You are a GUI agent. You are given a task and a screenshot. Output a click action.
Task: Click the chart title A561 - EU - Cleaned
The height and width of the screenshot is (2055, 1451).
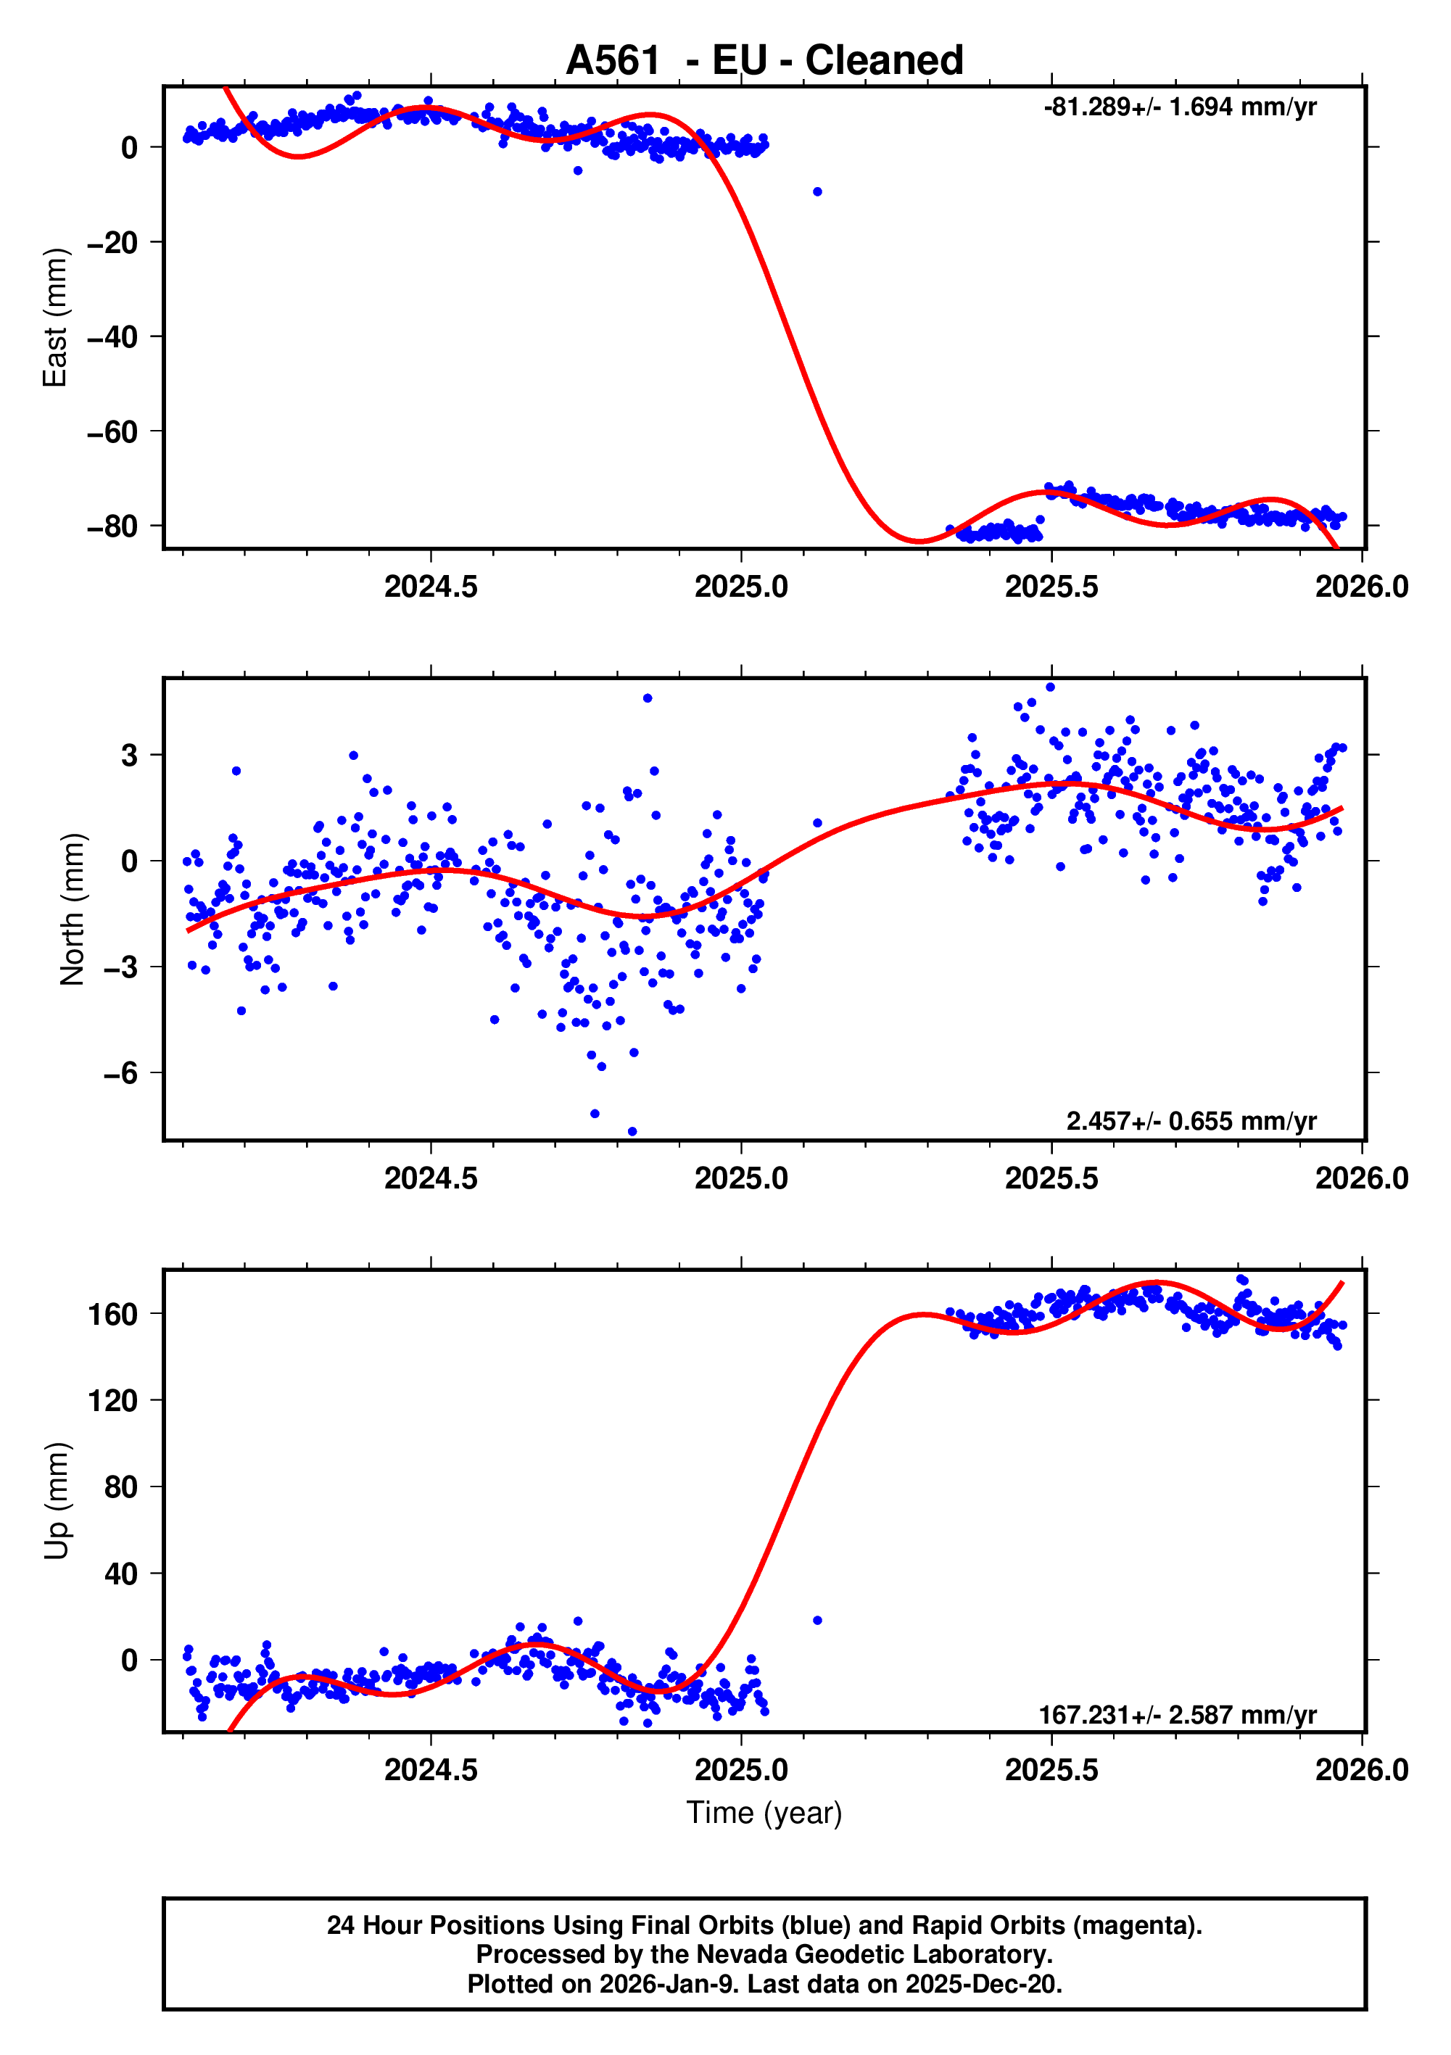(x=764, y=61)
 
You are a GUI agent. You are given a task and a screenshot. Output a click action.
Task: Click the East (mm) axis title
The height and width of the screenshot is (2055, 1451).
(x=56, y=318)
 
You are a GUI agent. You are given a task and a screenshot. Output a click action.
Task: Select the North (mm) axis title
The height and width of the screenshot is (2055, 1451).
(x=73, y=909)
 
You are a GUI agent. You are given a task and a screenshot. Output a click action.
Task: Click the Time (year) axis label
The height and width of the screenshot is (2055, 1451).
(x=764, y=1812)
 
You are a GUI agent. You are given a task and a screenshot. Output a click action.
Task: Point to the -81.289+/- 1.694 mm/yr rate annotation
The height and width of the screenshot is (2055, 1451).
(x=1179, y=107)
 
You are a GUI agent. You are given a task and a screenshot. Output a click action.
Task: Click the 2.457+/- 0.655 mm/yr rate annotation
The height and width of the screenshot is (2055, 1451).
(x=1191, y=1120)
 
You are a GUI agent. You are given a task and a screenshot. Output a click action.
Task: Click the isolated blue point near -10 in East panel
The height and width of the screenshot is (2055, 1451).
(x=817, y=191)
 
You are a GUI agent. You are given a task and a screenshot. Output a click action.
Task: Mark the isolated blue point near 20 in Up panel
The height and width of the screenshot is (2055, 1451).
(x=817, y=1620)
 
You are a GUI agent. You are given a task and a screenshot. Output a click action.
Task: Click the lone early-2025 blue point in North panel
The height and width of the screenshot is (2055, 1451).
(x=817, y=822)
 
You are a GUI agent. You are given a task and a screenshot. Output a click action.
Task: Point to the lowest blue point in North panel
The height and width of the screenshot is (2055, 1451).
(x=632, y=1131)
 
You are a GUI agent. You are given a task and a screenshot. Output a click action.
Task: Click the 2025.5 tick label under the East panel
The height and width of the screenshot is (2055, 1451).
(x=1051, y=587)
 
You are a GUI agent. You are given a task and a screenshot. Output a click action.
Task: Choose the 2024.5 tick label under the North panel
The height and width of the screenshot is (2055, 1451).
(x=431, y=1179)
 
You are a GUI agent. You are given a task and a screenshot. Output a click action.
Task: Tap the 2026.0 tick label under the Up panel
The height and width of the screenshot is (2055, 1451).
(x=1360, y=1770)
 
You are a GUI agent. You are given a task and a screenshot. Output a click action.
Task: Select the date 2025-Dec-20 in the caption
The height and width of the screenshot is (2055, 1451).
(x=982, y=1984)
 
